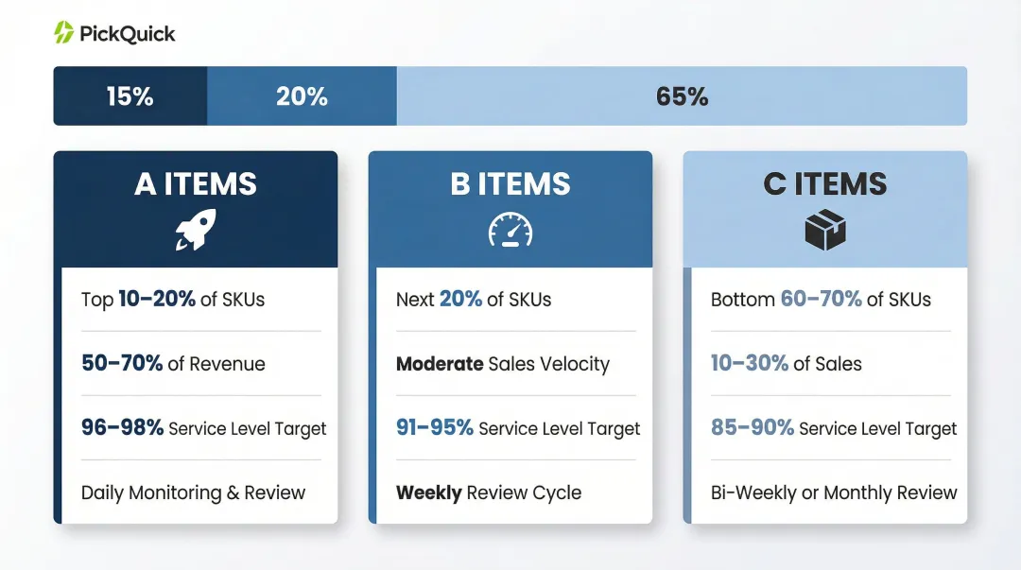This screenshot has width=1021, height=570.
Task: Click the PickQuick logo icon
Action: (x=64, y=33)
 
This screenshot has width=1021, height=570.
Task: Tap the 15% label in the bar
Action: (x=130, y=96)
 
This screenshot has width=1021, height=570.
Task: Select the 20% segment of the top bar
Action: (x=302, y=96)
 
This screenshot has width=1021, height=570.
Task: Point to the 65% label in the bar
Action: (x=682, y=96)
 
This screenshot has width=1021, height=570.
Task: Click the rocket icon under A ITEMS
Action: (x=196, y=230)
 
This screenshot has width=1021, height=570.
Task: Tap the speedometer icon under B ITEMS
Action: (x=510, y=230)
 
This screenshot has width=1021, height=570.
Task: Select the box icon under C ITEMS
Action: (x=824, y=230)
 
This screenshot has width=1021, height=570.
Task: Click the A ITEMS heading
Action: (x=196, y=183)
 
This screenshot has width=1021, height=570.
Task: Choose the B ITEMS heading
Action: (x=510, y=183)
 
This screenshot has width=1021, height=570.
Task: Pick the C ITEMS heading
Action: (x=824, y=183)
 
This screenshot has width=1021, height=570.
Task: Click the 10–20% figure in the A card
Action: (x=157, y=300)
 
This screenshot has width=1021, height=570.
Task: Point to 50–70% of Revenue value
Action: (x=122, y=363)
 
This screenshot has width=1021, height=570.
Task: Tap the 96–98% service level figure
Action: (x=122, y=427)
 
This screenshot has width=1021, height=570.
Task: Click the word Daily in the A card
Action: (x=103, y=492)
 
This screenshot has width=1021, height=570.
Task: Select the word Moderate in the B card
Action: (x=440, y=363)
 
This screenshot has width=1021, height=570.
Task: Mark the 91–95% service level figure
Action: (x=435, y=427)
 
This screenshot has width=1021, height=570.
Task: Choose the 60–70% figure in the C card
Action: (x=821, y=300)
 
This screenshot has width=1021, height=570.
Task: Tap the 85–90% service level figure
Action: (x=753, y=427)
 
